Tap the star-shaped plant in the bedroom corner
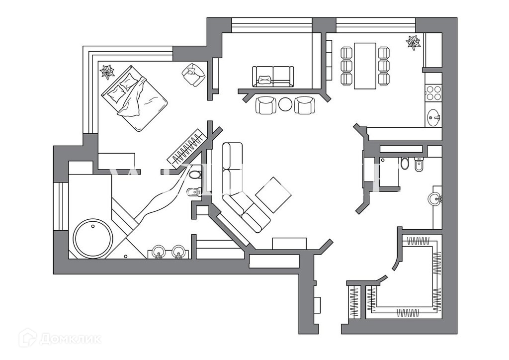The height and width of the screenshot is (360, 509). (x=107, y=72)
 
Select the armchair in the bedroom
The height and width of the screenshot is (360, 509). (x=193, y=75)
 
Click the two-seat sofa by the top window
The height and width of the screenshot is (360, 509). (x=273, y=76)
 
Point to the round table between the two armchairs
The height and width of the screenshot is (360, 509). (x=286, y=104)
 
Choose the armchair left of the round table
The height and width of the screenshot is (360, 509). (x=266, y=105)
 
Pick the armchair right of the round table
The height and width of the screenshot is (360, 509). (x=305, y=105)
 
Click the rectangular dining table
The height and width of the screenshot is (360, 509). (x=365, y=66)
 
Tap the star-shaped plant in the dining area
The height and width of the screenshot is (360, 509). (x=413, y=43)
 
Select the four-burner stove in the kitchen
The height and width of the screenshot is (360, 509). (x=433, y=93)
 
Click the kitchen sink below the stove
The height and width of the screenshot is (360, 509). (x=433, y=118)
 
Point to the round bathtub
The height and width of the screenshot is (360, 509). (x=93, y=238)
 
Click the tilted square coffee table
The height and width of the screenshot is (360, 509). (x=273, y=195)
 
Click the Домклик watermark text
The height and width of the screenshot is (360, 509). (x=70, y=339)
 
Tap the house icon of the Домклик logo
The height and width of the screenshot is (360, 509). (x=27, y=338)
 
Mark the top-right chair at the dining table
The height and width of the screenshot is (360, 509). (x=383, y=53)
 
